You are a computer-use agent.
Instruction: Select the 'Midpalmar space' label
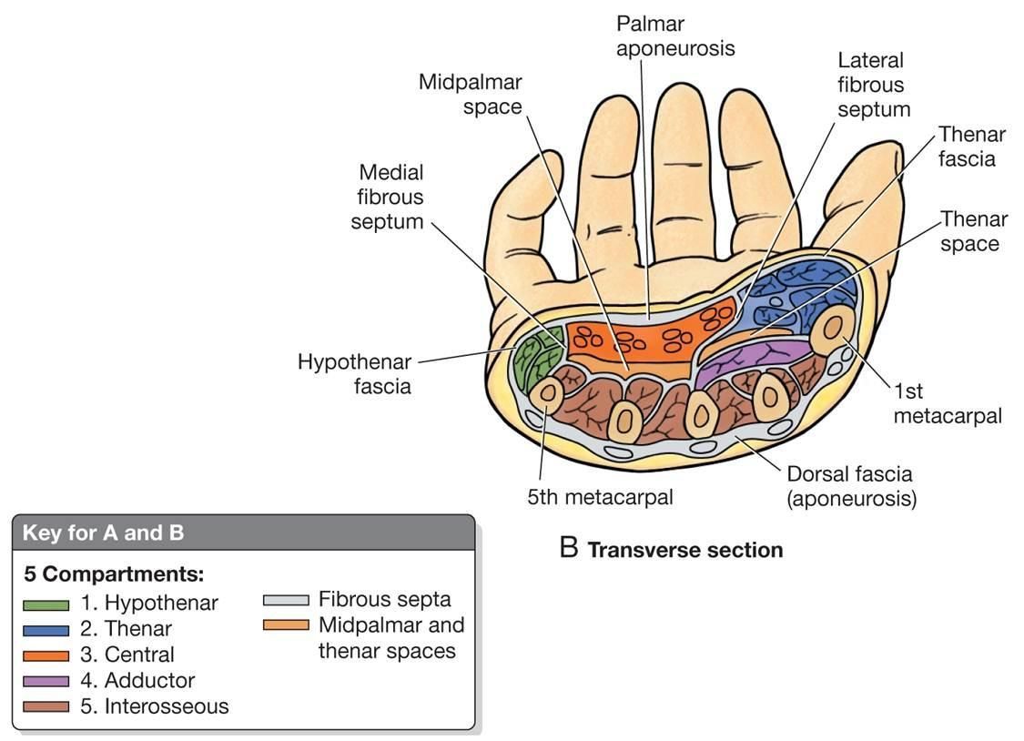pos(470,94)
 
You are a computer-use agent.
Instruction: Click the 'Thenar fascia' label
pos(971,147)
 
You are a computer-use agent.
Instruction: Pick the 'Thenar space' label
pos(974,231)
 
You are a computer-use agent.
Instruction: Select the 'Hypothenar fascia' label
pos(354,373)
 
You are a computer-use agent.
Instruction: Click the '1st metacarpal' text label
pos(947,403)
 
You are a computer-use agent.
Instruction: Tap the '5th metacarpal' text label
pos(600,497)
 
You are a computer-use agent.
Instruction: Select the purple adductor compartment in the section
pos(742,358)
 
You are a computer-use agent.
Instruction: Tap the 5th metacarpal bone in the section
pos(548,393)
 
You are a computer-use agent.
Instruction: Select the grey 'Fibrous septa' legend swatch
pos(285,601)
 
